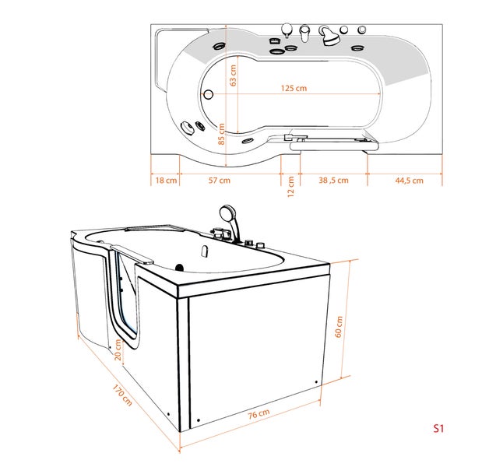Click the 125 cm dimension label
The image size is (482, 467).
click(x=294, y=88)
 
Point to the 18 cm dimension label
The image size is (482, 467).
click(x=166, y=181)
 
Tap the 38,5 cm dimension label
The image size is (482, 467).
click(x=333, y=181)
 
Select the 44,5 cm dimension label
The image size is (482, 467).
click(x=408, y=181)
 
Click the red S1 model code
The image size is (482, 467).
click(x=438, y=428)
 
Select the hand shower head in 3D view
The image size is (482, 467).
click(x=227, y=212)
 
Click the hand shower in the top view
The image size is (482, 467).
click(x=329, y=33)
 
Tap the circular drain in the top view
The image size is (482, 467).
click(x=209, y=95)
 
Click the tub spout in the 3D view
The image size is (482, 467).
click(x=205, y=252)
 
